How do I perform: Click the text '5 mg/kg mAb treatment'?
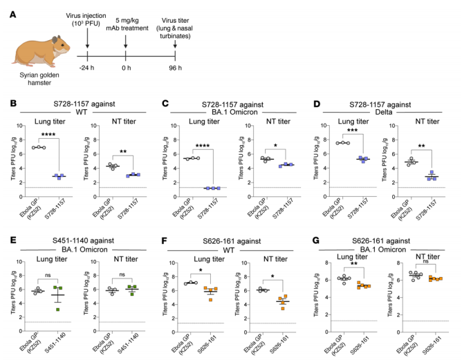(125, 17)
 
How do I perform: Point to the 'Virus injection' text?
(88, 13)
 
